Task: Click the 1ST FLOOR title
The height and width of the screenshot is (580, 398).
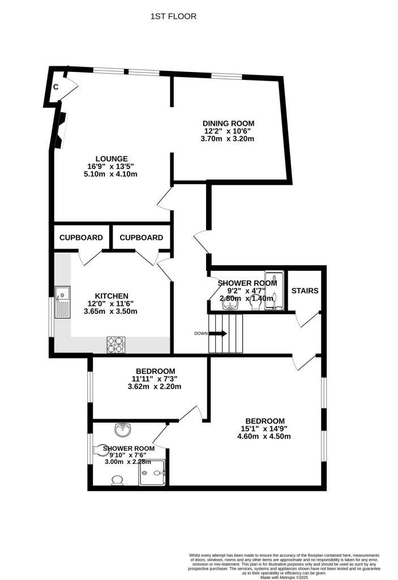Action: (173, 16)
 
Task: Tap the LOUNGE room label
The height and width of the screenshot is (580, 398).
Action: (111, 159)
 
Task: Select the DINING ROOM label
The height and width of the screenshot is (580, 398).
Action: (229, 123)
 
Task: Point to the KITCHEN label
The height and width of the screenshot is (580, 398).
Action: (112, 296)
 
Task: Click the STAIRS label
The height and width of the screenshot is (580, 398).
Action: (305, 291)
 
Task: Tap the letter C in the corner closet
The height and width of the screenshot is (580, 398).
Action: (56, 87)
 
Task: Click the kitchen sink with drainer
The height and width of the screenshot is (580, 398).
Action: (62, 302)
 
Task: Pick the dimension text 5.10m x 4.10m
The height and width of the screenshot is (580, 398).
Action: (111, 174)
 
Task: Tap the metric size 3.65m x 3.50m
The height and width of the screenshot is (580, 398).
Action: (112, 311)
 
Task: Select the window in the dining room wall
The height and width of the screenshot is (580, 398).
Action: (228, 75)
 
